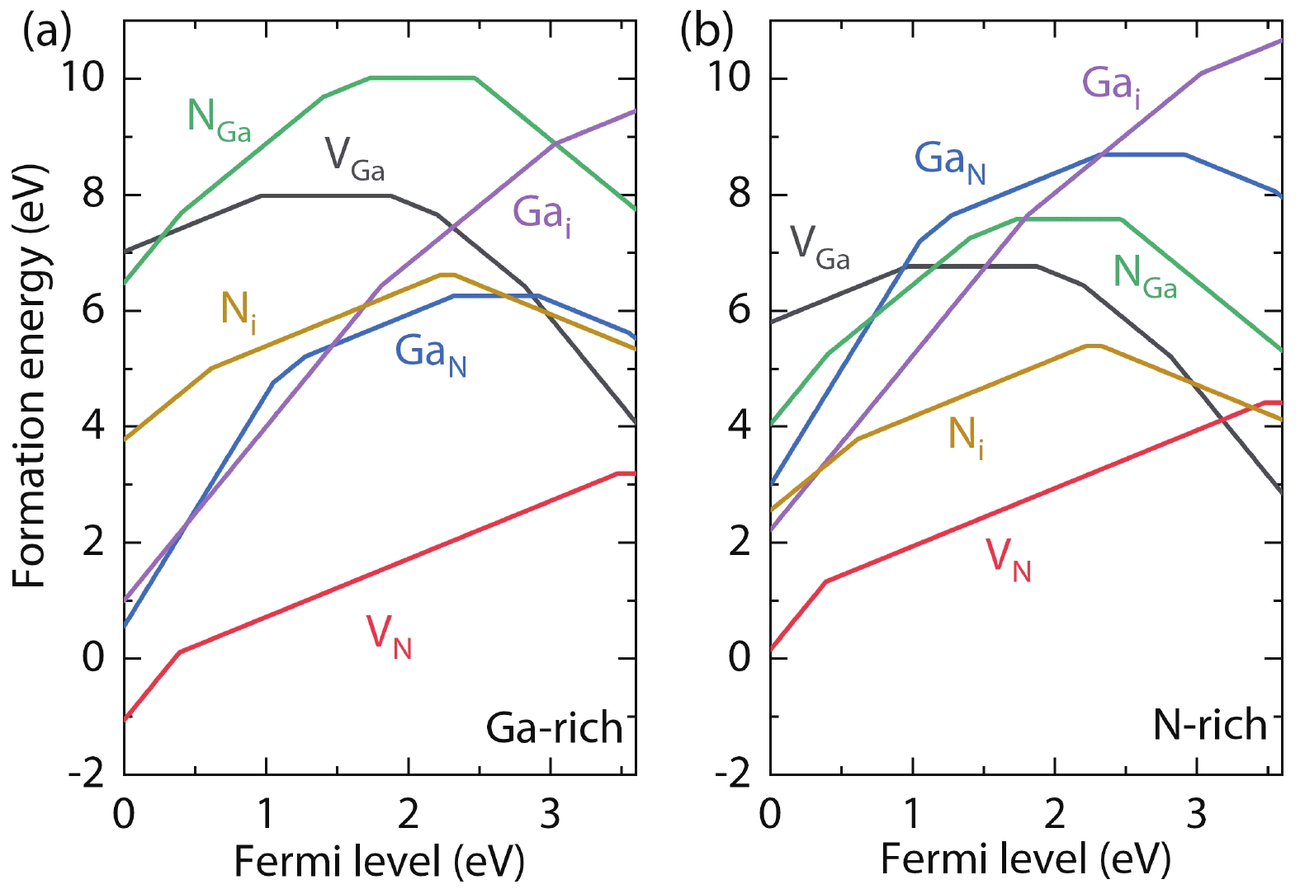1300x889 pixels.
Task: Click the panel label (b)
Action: pyautogui.click(x=707, y=32)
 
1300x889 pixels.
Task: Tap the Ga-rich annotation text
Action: pyautogui.click(x=554, y=727)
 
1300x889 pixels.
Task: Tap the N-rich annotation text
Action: pyautogui.click(x=1209, y=725)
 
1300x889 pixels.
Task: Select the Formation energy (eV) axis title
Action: pyautogui.click(x=30, y=377)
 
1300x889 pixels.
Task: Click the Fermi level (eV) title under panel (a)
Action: pyautogui.click(x=379, y=861)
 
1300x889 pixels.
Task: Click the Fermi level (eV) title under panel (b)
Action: pyautogui.click(x=1025, y=859)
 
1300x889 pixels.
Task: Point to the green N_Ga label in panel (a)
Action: pyautogui.click(x=219, y=120)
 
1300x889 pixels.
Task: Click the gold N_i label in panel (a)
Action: pyautogui.click(x=239, y=313)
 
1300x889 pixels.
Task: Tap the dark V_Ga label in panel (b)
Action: pyautogui.click(x=820, y=247)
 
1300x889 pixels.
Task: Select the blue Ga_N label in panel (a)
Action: pyautogui.click(x=430, y=355)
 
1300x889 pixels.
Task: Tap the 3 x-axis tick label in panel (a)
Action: pyautogui.click(x=551, y=815)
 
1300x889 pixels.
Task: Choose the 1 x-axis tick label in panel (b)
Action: pyautogui.click(x=912, y=815)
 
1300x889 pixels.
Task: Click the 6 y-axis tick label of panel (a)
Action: pyautogui.click(x=93, y=311)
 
